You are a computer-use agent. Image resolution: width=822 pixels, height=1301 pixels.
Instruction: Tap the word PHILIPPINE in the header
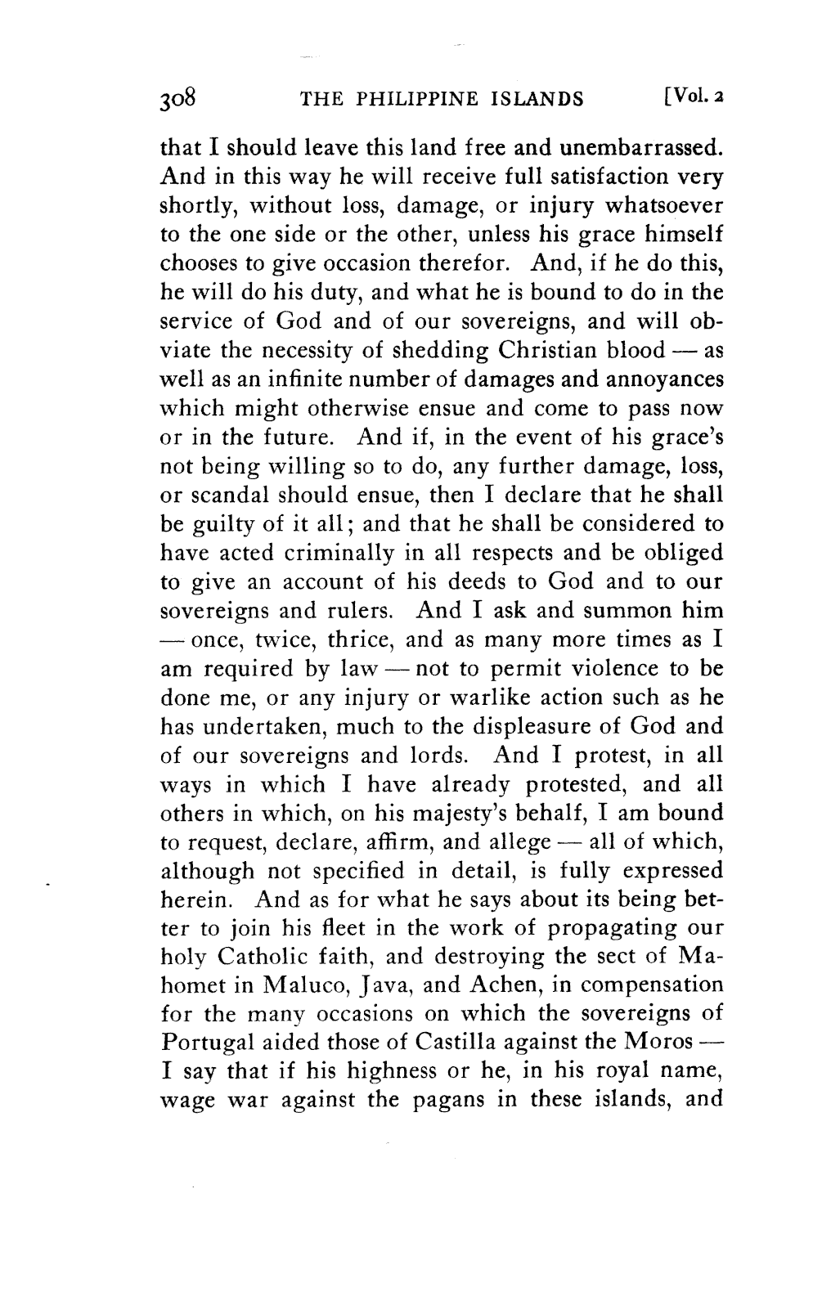[415, 101]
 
